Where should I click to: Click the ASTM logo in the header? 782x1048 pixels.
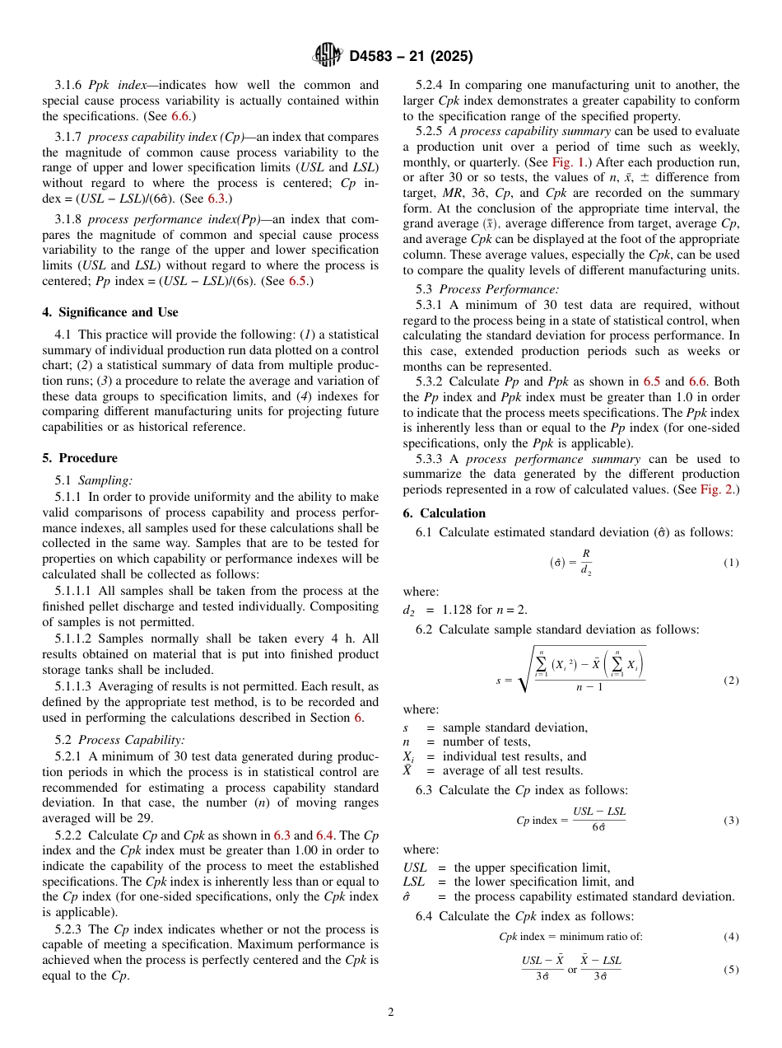point(327,56)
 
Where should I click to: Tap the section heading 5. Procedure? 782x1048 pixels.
point(80,458)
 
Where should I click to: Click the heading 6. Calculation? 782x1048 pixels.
point(445,513)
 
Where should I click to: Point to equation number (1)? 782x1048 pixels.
point(731,563)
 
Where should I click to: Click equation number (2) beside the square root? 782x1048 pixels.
point(731,681)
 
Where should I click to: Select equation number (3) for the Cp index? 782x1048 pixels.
point(731,821)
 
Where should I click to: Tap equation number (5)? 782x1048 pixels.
point(731,970)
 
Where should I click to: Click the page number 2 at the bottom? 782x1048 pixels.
point(391,1012)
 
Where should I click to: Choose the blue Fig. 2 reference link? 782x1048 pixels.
point(718,489)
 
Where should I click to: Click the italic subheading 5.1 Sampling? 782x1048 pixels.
point(94,480)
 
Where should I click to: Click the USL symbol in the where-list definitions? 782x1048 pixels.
point(416,868)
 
